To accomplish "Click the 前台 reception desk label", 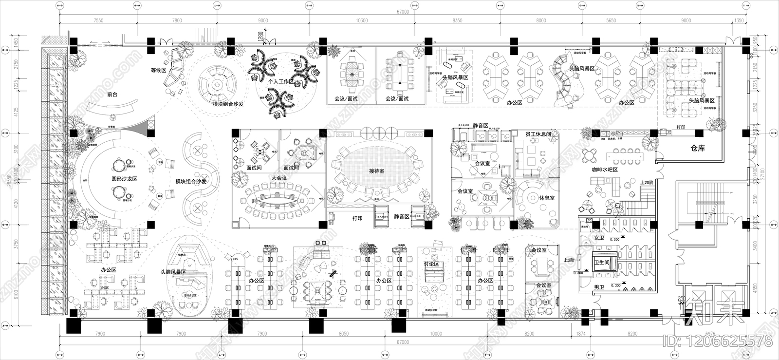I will click(x=112, y=95).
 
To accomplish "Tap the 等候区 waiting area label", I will click(x=159, y=70).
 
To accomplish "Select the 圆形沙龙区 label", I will click(x=125, y=179).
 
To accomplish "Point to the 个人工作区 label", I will click(x=281, y=82).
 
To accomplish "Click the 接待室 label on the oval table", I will click(x=376, y=171).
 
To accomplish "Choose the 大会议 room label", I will click(x=279, y=178).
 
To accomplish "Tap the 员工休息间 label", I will click(x=538, y=134).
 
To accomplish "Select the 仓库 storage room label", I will click(x=698, y=148).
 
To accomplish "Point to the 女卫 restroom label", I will click(x=599, y=238).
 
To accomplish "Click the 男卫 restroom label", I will click(x=599, y=288).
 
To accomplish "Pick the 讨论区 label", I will click(x=431, y=264).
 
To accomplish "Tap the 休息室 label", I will click(x=547, y=198).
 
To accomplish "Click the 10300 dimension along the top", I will click(x=361, y=20).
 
